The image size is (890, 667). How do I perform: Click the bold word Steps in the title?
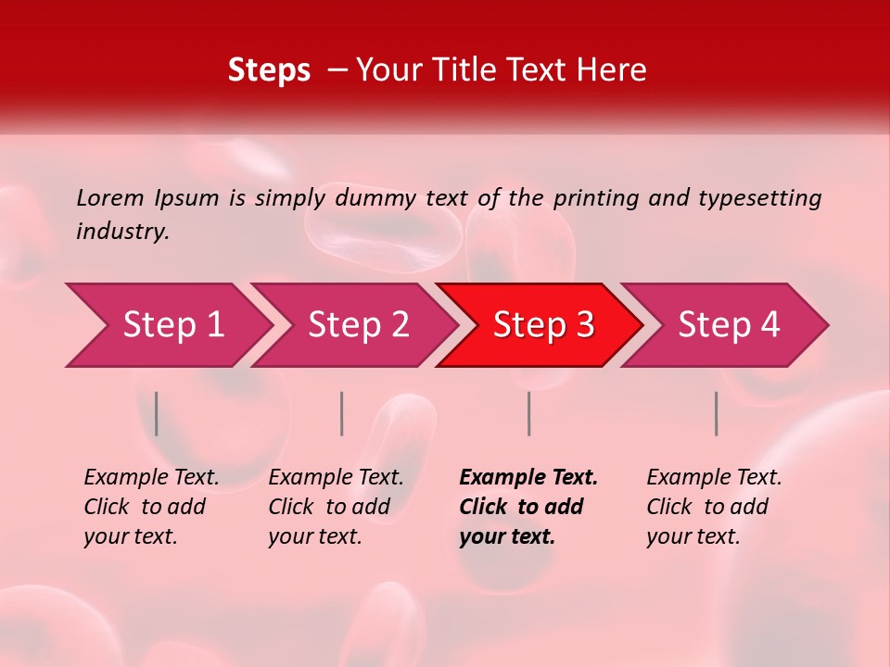click(x=269, y=70)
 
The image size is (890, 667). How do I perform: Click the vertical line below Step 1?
click(x=157, y=413)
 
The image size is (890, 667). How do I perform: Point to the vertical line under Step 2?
click(x=342, y=413)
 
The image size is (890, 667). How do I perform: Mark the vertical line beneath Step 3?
click(x=528, y=413)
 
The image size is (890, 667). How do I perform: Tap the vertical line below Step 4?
click(x=717, y=413)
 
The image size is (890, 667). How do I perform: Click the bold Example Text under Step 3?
click(x=528, y=507)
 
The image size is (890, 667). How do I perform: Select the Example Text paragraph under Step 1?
click(x=151, y=507)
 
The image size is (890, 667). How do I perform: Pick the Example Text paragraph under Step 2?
click(x=336, y=507)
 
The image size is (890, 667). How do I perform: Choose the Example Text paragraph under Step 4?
click(x=714, y=507)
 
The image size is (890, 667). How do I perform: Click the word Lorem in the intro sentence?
click(x=110, y=197)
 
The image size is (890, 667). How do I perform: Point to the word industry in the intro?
click(x=121, y=231)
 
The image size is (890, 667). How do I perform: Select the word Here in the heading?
click(x=617, y=70)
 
